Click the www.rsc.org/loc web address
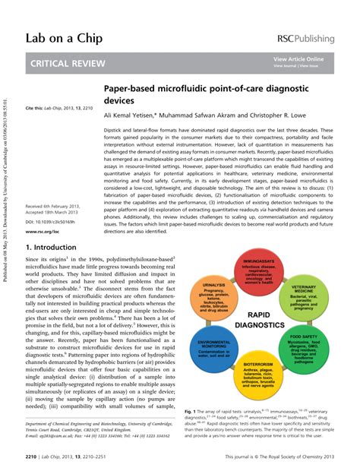click(x=43, y=231)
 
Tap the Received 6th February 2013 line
click(x=56, y=206)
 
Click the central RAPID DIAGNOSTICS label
click(x=258, y=320)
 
